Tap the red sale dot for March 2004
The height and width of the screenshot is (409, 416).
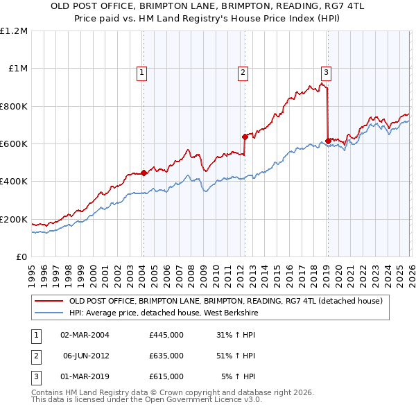point(144,173)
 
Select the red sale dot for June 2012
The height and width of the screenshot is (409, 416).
point(244,137)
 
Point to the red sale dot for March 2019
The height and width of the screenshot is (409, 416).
point(327,141)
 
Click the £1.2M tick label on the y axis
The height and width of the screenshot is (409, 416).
point(14,31)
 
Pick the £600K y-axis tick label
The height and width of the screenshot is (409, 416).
point(14,143)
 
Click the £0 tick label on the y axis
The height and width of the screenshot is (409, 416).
point(21,256)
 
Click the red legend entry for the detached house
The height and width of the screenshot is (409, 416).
point(225,302)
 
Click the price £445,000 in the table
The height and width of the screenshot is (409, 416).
point(166,334)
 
